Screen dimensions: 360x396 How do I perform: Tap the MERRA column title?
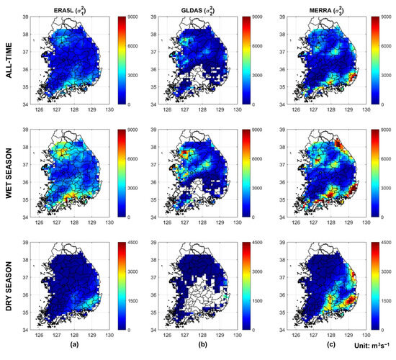tap(315, 7)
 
